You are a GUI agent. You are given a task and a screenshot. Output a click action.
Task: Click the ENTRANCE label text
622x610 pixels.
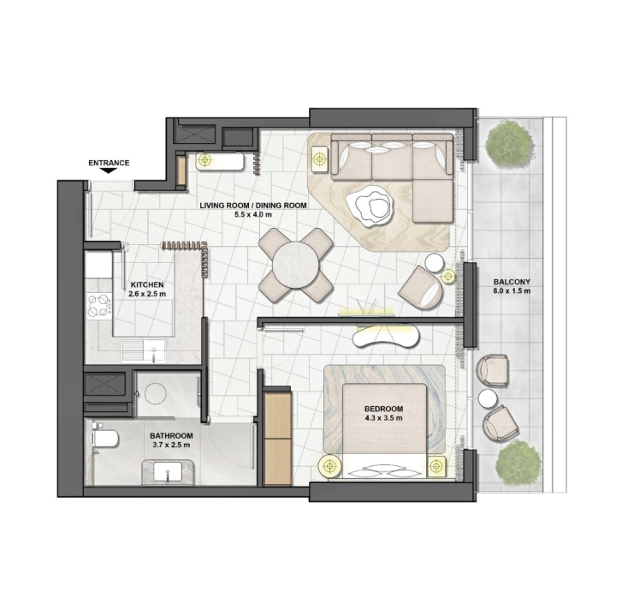pos(109,163)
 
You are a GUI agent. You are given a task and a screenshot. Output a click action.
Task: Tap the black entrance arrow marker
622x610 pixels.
pos(109,170)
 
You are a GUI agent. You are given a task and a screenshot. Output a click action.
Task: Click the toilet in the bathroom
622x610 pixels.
pos(104,439)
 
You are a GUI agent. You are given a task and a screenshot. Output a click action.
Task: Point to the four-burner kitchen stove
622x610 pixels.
pos(98,305)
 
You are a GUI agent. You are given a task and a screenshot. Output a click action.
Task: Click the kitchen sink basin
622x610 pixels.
pos(144,350)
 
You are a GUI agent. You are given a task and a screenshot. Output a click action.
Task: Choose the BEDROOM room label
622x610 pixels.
pos(383,409)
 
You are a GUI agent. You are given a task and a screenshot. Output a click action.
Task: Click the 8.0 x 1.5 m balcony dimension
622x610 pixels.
pos(512,290)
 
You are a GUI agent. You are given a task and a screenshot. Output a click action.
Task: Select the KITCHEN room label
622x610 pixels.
pos(147,284)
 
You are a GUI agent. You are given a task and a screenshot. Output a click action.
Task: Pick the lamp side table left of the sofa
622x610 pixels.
pos(319,158)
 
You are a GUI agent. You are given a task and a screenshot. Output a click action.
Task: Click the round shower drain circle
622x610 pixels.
pos(155,393)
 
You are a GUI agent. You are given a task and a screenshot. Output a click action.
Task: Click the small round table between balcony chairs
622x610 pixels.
pos(487,398)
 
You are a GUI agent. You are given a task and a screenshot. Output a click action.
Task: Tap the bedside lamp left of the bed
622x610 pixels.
pos(329,466)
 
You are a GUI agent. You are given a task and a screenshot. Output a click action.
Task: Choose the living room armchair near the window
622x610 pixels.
pos(421,287)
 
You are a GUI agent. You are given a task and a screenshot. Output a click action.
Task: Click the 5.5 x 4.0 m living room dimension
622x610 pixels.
pos(253,215)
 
